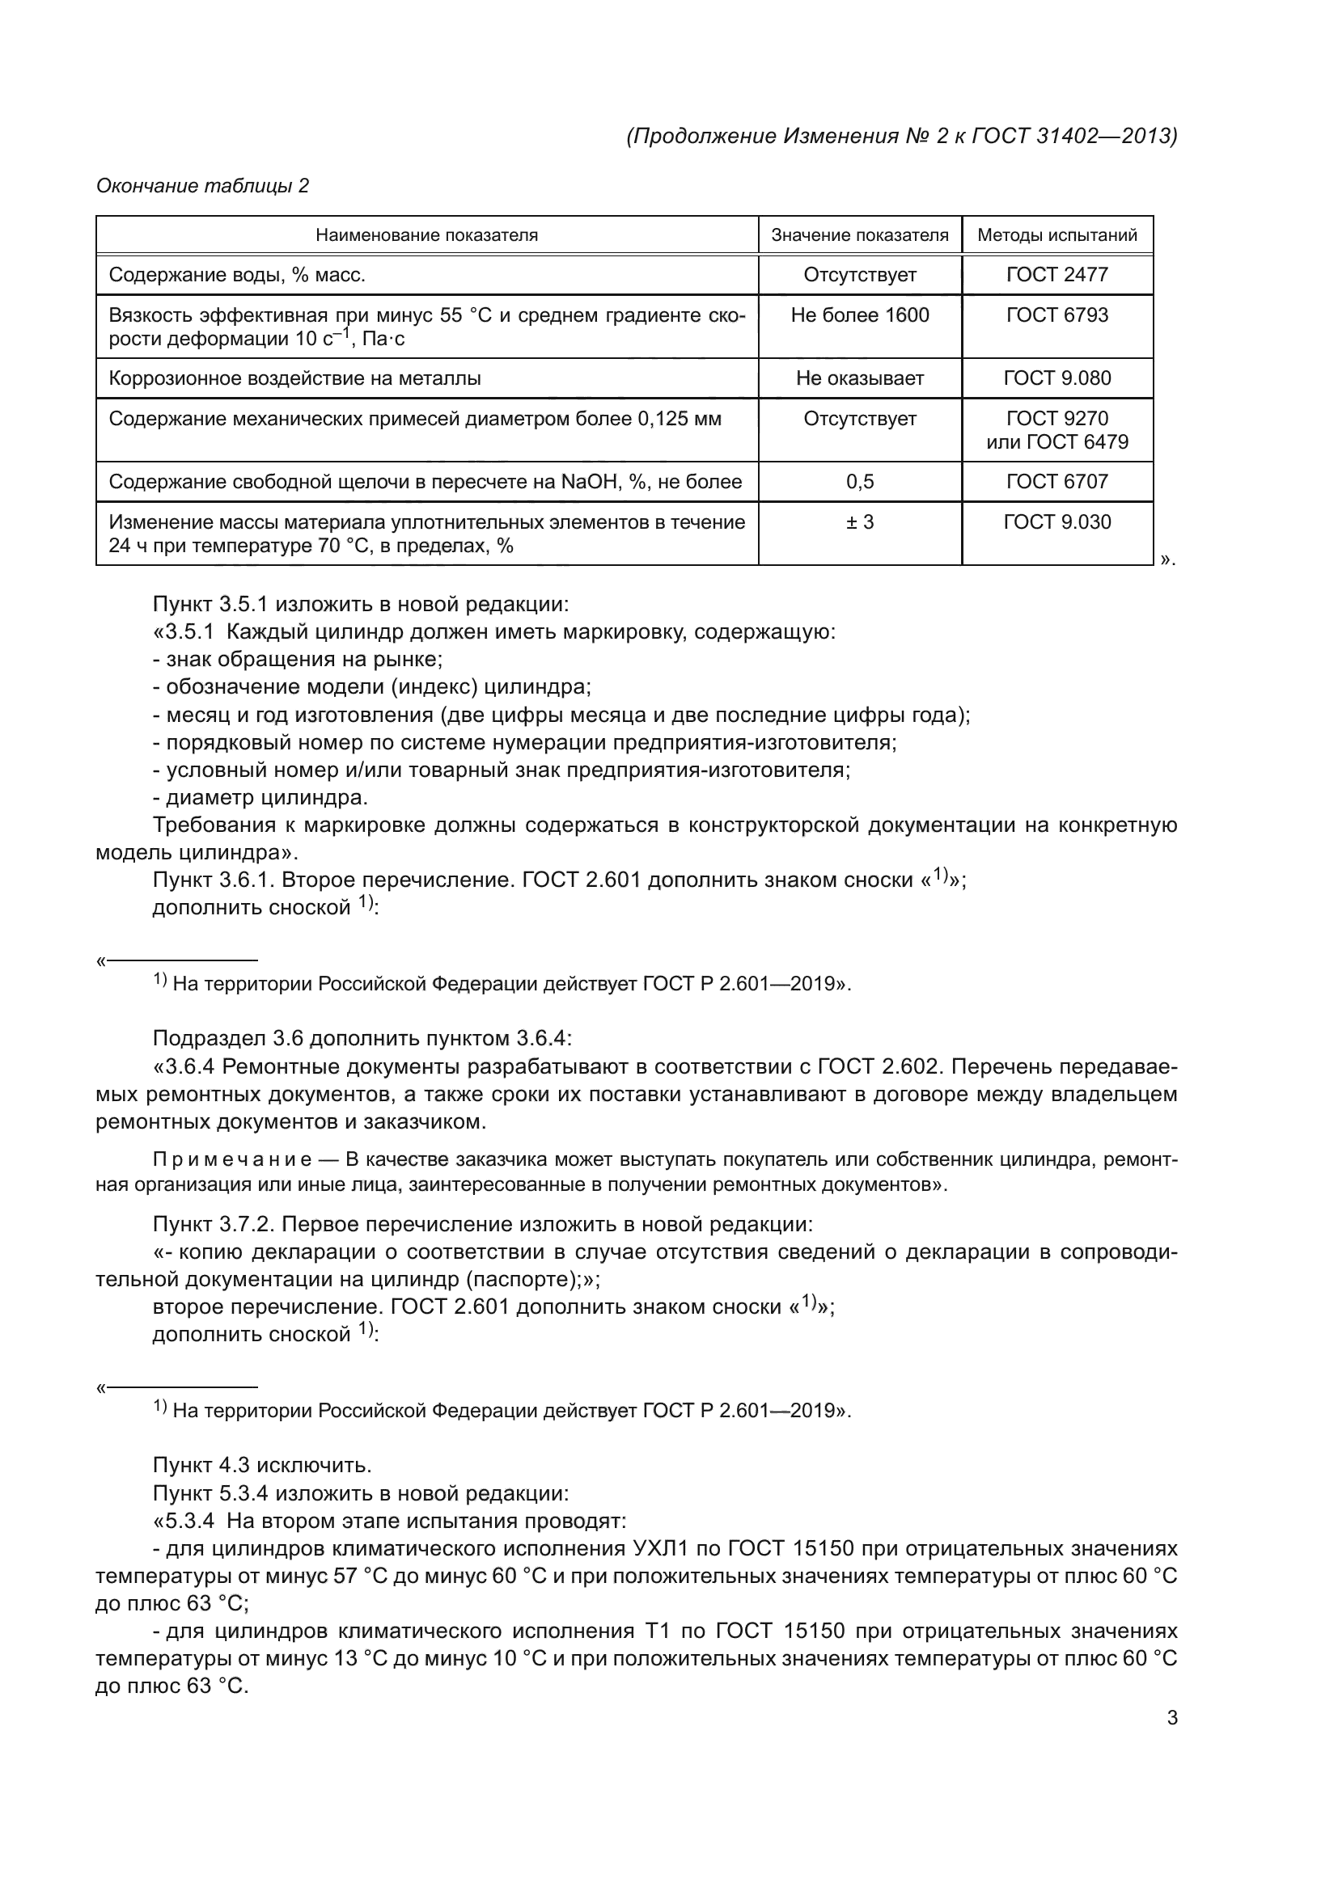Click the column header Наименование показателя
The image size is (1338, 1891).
click(427, 235)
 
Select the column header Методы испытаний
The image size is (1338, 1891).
click(1057, 235)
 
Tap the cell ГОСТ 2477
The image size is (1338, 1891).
click(1057, 275)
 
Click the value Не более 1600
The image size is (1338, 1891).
click(859, 315)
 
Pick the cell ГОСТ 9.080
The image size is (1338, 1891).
click(1057, 379)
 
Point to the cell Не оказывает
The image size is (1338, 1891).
click(859, 379)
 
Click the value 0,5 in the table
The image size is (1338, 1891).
click(859, 482)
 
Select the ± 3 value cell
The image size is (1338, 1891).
click(859, 522)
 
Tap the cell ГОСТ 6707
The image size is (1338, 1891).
click(1057, 482)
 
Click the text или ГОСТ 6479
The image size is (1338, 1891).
click(1057, 442)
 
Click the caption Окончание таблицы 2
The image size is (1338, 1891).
click(203, 186)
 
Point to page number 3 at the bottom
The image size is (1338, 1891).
click(1171, 1718)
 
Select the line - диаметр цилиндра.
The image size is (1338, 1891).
click(260, 798)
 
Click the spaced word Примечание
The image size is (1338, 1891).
click(232, 1160)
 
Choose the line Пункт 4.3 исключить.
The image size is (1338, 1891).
click(262, 1465)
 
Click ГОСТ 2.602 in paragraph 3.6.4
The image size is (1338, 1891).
click(879, 1067)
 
